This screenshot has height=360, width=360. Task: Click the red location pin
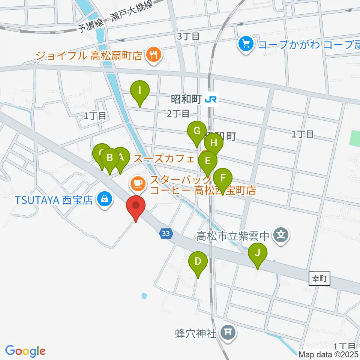[x=136, y=207]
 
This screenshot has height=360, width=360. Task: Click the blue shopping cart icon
[x=246, y=45]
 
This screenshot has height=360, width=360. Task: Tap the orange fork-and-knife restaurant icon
[x=153, y=55]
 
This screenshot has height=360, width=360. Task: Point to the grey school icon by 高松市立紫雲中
[x=281, y=235]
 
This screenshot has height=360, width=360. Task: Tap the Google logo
[x=25, y=351]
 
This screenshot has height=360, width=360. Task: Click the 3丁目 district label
[x=187, y=37]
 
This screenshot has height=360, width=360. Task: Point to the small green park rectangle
[x=354, y=138]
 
